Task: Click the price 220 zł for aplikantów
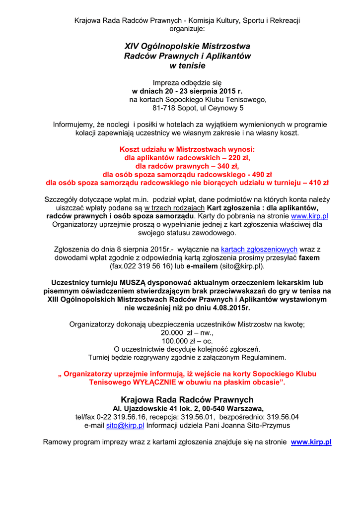[236, 157]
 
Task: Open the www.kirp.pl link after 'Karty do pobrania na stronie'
[309, 216]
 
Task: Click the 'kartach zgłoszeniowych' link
[259, 249]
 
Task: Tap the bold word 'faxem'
[309, 257]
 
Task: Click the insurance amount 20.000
[173, 332]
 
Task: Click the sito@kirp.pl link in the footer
[125, 425]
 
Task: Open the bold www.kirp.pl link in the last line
[311, 442]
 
